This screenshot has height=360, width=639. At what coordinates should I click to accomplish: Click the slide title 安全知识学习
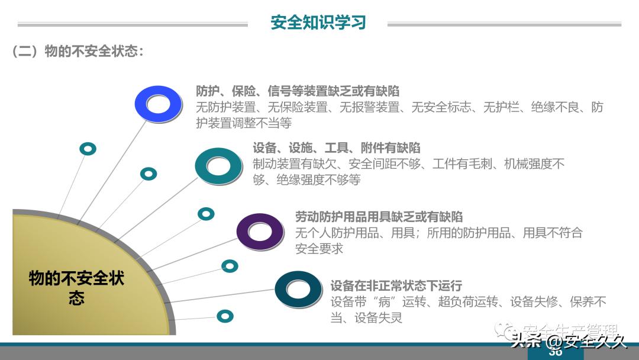tap(318, 22)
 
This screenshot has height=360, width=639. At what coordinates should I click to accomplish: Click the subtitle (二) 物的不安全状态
tap(78, 52)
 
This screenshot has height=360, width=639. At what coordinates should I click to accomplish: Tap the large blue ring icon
tap(158, 104)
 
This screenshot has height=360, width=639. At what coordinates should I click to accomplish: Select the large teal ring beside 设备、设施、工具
tap(218, 166)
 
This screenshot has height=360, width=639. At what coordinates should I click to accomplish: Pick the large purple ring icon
tap(260, 232)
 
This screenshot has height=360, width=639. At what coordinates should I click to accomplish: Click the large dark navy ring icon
tap(298, 289)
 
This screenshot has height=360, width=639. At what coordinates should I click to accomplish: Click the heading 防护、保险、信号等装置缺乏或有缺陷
tap(298, 91)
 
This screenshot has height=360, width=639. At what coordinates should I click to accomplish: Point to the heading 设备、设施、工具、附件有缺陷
tap(337, 148)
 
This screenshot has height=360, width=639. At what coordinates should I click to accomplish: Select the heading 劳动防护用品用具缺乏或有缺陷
tap(379, 217)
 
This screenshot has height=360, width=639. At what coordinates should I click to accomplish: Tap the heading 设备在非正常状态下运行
tap(396, 286)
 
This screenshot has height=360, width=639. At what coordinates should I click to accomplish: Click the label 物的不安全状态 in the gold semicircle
tap(77, 287)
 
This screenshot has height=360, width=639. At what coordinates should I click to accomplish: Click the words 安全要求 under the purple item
tap(319, 249)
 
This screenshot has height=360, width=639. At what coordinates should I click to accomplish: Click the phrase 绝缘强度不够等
tap(319, 180)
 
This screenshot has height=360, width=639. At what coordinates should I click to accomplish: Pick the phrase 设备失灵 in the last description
tap(378, 318)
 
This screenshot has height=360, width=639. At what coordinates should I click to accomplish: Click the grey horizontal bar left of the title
tap(133, 25)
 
